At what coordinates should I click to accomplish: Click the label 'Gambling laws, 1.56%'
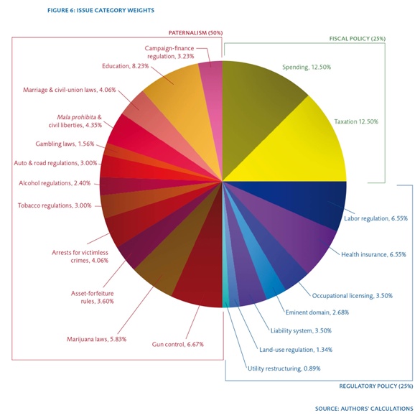(65, 144)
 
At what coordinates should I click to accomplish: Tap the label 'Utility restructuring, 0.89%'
(284, 368)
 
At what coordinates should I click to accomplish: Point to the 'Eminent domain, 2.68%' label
(317, 312)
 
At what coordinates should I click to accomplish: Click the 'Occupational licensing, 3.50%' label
(353, 296)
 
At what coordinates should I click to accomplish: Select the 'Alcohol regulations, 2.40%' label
(55, 183)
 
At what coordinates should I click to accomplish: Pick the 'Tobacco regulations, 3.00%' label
(55, 205)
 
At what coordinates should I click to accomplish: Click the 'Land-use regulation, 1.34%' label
(296, 350)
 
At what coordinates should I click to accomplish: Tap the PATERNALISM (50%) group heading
(195, 33)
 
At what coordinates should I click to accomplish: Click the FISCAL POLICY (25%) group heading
(358, 39)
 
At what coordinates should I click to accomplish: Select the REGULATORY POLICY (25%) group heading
(376, 386)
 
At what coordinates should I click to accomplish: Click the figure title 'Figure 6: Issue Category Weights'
(101, 11)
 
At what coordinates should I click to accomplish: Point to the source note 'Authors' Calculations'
(377, 409)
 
